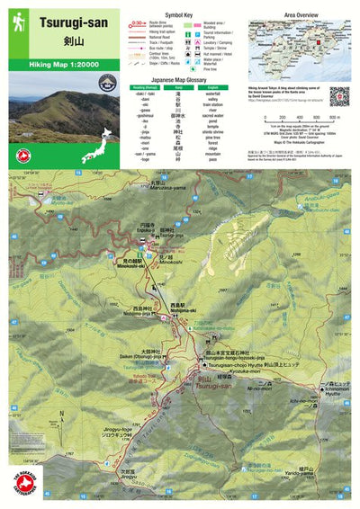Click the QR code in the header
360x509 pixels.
tap(338, 95)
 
